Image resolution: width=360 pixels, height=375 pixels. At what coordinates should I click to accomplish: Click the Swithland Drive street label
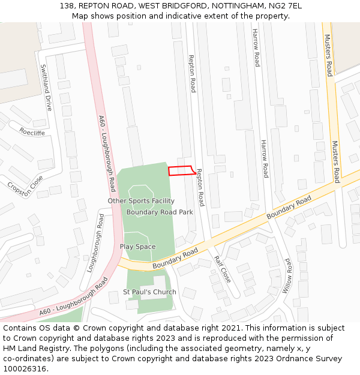click(46, 88)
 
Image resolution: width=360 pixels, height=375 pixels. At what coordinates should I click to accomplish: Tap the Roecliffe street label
click(32, 131)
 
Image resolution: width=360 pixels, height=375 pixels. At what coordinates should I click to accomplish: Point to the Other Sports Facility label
click(141, 201)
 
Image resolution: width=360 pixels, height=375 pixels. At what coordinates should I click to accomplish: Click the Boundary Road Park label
click(160, 212)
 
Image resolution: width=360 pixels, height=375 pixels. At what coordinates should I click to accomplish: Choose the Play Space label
click(137, 247)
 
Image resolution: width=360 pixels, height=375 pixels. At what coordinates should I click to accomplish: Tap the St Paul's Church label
click(149, 292)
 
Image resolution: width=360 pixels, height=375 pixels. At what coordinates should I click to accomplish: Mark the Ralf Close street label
click(222, 269)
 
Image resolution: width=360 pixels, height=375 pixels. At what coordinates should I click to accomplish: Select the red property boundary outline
click(181, 171)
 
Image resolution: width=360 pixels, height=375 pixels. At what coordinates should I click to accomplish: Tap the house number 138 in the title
click(67, 6)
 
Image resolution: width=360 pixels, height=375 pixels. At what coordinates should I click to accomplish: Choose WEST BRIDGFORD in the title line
click(169, 6)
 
